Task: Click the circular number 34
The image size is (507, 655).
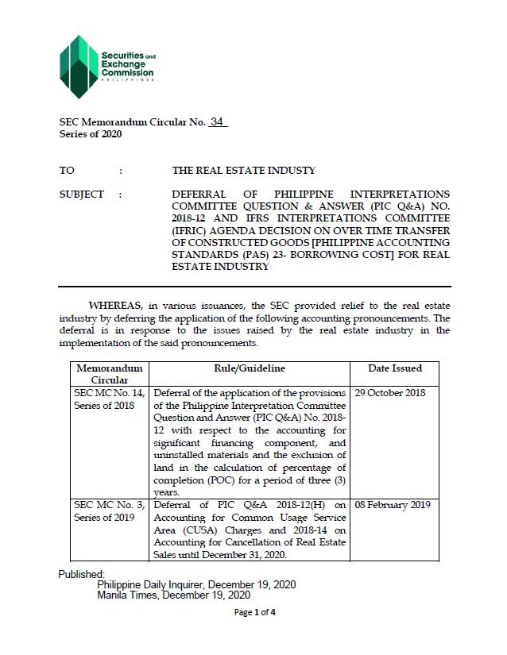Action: pyautogui.click(x=218, y=122)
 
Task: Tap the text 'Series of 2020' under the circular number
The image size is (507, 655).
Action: pyautogui.click(x=91, y=134)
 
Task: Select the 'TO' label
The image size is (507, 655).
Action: pyautogui.click(x=67, y=171)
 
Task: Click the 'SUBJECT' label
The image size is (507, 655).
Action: pyautogui.click(x=82, y=195)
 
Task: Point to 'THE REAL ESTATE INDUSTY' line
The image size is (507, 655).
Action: pyautogui.click(x=243, y=171)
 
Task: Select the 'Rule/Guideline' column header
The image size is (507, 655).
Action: pyautogui.click(x=250, y=368)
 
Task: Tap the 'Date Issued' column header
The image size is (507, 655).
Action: pyautogui.click(x=395, y=368)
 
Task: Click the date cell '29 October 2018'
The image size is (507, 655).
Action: pyautogui.click(x=395, y=393)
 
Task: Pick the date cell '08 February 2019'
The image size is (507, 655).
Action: pyautogui.click(x=397, y=505)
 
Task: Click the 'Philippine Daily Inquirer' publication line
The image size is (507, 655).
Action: pyautogui.click(x=196, y=584)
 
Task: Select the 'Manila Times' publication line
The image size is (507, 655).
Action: pyautogui.click(x=173, y=595)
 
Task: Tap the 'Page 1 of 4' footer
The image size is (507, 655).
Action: pyautogui.click(x=255, y=612)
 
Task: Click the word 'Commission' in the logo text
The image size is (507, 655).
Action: pyautogui.click(x=127, y=72)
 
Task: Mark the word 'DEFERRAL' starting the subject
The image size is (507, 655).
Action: pyautogui.click(x=199, y=195)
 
